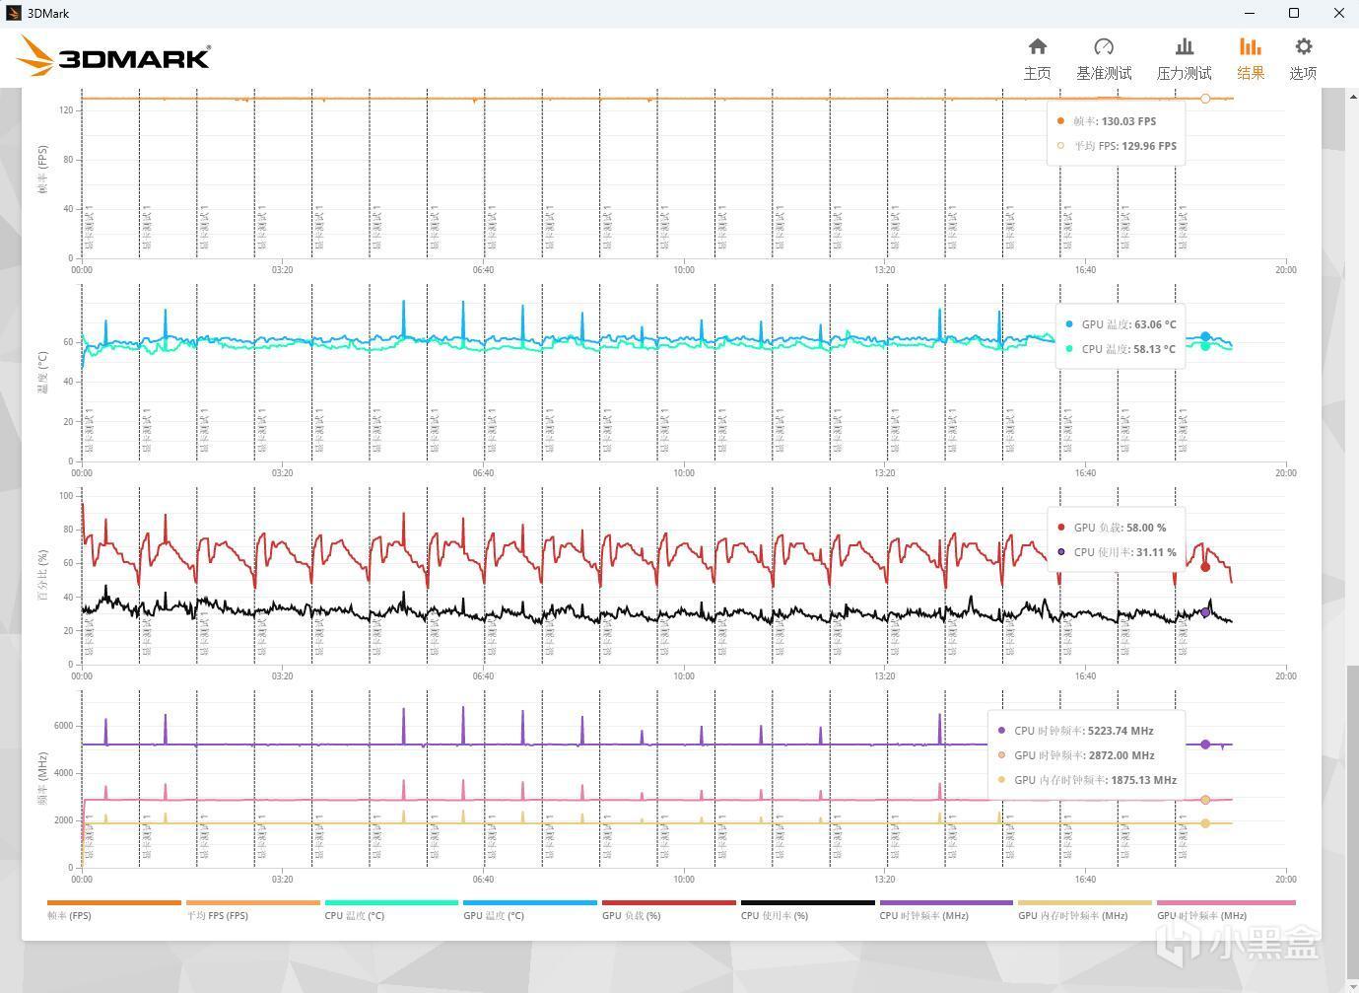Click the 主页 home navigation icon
(x=1037, y=47)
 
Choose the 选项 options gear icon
(x=1303, y=47)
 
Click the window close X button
(x=1339, y=13)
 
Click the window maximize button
(x=1294, y=13)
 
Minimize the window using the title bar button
(x=1250, y=13)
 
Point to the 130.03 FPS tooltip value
(x=1128, y=121)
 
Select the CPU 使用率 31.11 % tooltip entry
(x=1123, y=552)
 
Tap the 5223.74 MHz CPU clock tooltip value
(x=1121, y=731)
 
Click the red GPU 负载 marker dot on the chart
(x=1205, y=567)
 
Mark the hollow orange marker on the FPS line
(x=1205, y=99)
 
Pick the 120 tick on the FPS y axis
(x=66, y=110)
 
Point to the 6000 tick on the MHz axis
(x=63, y=726)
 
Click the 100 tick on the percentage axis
(x=66, y=496)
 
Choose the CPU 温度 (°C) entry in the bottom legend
(x=355, y=915)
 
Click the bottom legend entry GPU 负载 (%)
(x=632, y=915)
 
